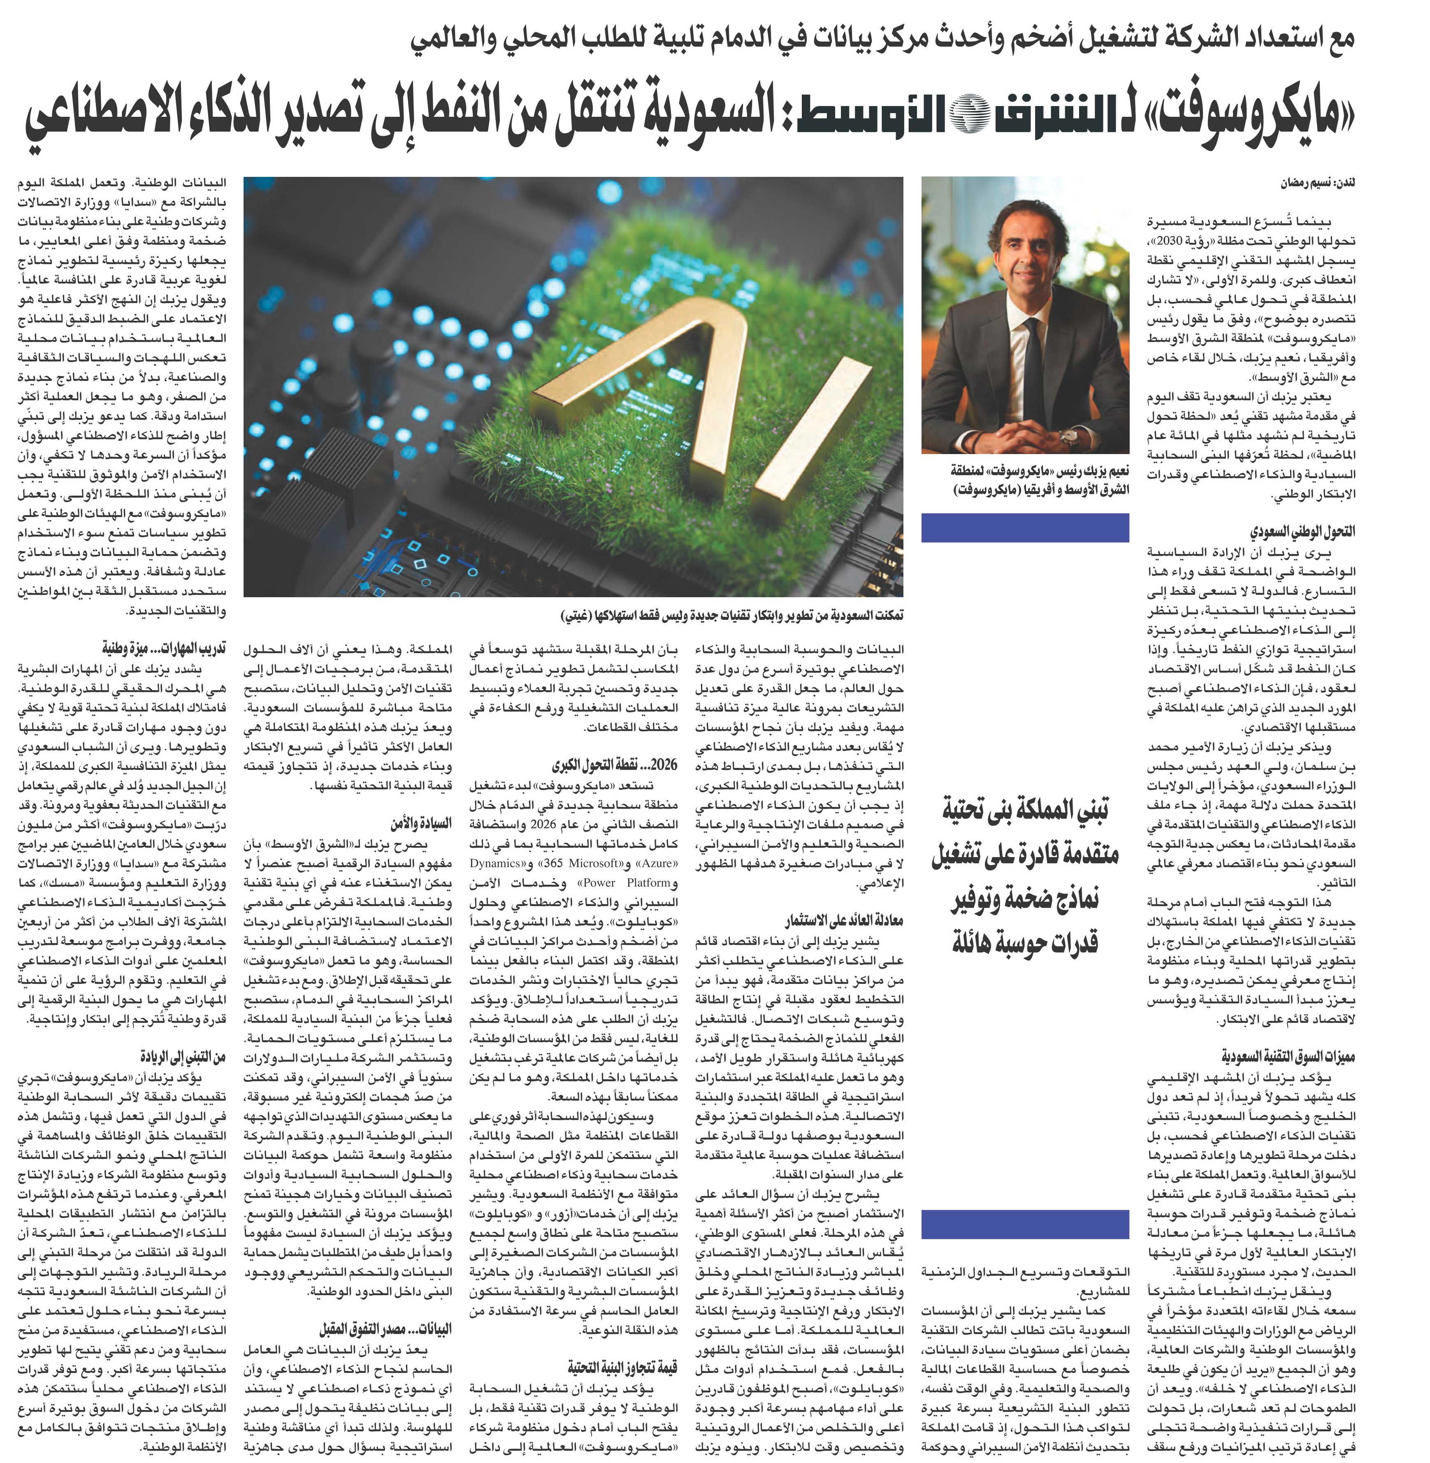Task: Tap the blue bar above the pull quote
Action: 1025,527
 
